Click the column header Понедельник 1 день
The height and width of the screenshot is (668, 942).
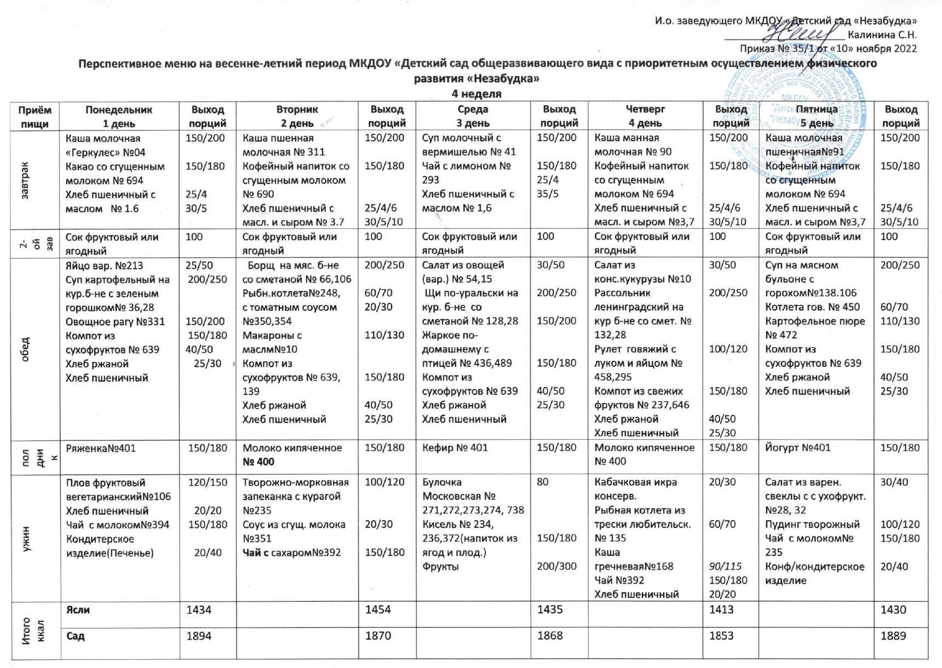point(119,116)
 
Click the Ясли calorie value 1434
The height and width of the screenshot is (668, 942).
point(199,610)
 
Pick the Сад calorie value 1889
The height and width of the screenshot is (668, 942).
point(893,636)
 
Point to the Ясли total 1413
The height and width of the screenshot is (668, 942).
point(721,610)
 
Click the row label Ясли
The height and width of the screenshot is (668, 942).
point(78,610)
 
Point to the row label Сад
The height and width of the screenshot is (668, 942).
point(76,636)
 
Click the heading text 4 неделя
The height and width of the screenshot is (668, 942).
point(476,94)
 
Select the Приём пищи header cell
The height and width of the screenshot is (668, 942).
point(35,116)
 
